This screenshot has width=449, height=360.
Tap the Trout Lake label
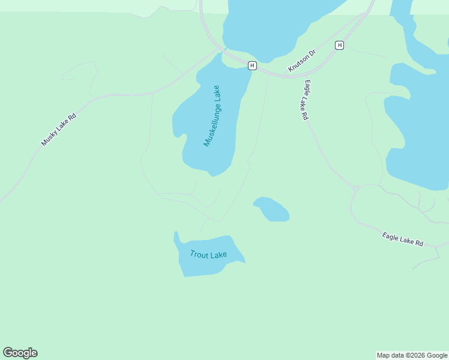[x=208, y=254]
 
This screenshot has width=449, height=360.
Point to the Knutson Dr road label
[x=301, y=61]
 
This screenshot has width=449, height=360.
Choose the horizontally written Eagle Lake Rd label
[x=403, y=239]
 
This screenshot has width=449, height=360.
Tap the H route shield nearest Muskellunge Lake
[x=252, y=65]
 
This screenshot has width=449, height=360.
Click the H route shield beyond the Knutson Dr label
[x=340, y=45]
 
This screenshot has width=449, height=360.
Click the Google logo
[x=20, y=353]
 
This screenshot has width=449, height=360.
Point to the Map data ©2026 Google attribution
[x=412, y=355]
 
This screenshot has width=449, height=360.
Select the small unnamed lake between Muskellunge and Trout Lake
[x=273, y=209]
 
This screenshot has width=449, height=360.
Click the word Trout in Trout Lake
[x=199, y=254]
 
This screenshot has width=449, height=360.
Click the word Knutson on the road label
[x=298, y=64]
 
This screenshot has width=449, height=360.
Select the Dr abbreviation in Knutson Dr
[x=312, y=53]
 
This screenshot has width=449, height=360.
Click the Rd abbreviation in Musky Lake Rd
[x=73, y=118]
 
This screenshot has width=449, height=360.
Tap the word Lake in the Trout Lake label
[x=218, y=255]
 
